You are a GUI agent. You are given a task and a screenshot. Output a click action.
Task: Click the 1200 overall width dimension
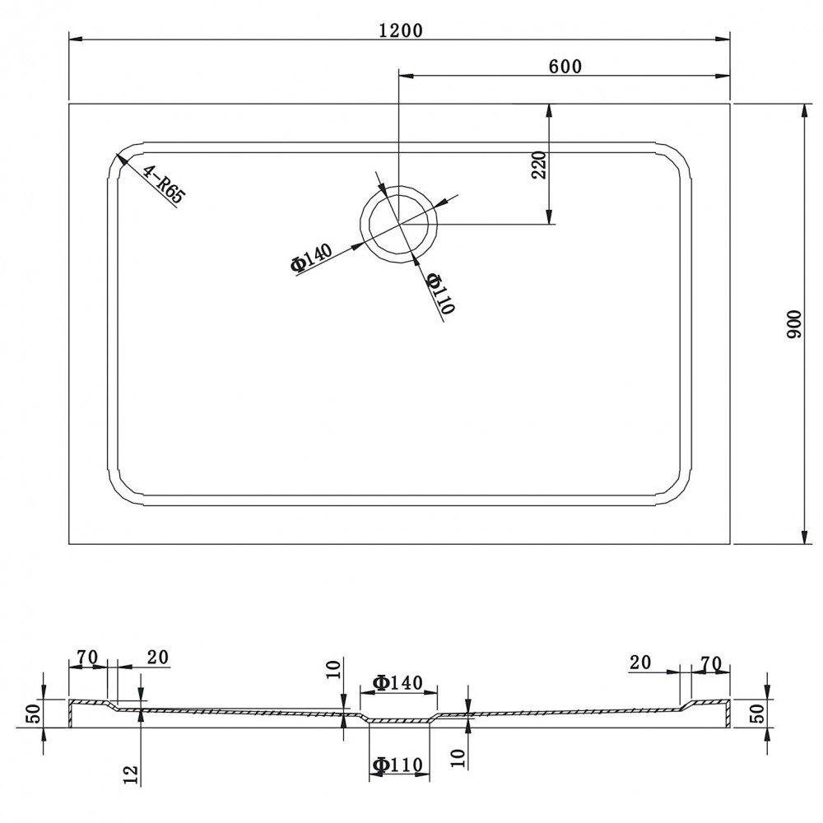click(401, 30)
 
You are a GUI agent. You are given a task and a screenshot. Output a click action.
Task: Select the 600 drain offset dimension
click(565, 67)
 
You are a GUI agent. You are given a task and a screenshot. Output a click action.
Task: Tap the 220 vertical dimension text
click(540, 165)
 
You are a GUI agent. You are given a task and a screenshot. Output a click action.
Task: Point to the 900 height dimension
click(795, 323)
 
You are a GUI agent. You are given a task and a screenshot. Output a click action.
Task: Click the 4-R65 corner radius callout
click(165, 184)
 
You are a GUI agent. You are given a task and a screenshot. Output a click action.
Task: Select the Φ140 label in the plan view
click(312, 258)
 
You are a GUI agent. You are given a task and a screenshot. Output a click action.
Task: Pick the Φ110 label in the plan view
click(440, 294)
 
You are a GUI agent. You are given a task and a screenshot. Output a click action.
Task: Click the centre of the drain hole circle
click(398, 223)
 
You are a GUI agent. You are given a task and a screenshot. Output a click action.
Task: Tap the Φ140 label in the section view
click(398, 682)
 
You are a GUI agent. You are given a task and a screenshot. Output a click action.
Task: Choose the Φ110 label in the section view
click(398, 765)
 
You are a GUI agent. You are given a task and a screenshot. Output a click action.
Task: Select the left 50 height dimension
click(33, 714)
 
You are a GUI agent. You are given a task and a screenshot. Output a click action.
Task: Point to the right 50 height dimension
click(760, 714)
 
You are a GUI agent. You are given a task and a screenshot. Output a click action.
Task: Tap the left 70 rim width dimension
click(87, 657)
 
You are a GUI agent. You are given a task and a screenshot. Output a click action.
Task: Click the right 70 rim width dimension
click(711, 663)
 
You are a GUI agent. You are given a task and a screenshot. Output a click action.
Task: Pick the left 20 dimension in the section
click(157, 657)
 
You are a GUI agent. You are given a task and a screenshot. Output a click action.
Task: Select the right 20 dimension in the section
click(640, 663)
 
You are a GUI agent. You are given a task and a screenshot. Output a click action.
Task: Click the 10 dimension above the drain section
click(335, 669)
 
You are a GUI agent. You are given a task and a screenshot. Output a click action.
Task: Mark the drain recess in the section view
click(398, 721)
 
